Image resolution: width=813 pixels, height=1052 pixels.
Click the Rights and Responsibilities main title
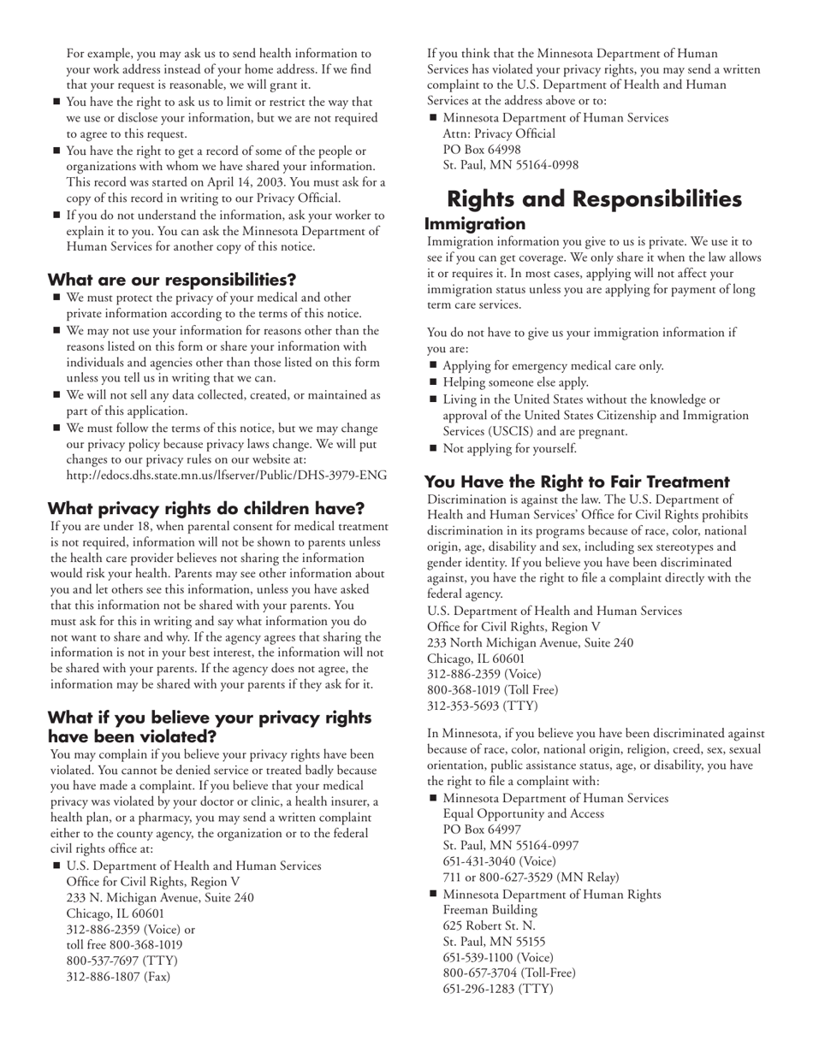pos(594,199)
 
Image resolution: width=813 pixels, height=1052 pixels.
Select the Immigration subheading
pos(475,224)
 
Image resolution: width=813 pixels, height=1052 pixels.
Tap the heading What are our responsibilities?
pos(172,280)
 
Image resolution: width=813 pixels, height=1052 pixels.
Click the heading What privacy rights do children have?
pos(206,509)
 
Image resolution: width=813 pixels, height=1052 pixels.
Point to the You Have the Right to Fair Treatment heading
pos(577,482)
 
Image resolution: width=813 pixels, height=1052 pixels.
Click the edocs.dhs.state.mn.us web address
pos(226,476)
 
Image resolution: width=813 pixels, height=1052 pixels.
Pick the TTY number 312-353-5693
pos(467,706)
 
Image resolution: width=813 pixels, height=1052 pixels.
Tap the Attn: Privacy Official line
pos(499,133)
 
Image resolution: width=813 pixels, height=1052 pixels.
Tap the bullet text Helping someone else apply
pos(515,382)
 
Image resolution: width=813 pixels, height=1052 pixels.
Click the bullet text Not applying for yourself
pos(509,448)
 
